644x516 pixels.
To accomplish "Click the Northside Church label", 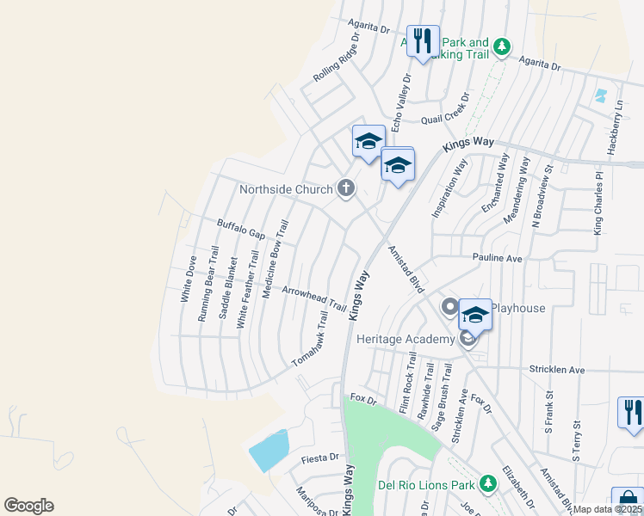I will (286, 188).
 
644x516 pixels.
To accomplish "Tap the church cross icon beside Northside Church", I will (346, 187).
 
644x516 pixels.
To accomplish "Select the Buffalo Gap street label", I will (240, 228).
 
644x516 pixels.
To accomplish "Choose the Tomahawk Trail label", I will (311, 340).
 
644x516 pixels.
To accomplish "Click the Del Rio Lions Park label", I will (425, 484).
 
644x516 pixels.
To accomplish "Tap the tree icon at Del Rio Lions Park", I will (487, 483).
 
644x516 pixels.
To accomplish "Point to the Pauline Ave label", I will (497, 257).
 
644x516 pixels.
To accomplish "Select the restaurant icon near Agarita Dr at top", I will (423, 41).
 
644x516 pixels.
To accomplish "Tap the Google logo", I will (28, 506).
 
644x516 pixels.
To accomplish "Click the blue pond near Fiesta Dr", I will (269, 450).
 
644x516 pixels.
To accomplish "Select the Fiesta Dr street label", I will (321, 459).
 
